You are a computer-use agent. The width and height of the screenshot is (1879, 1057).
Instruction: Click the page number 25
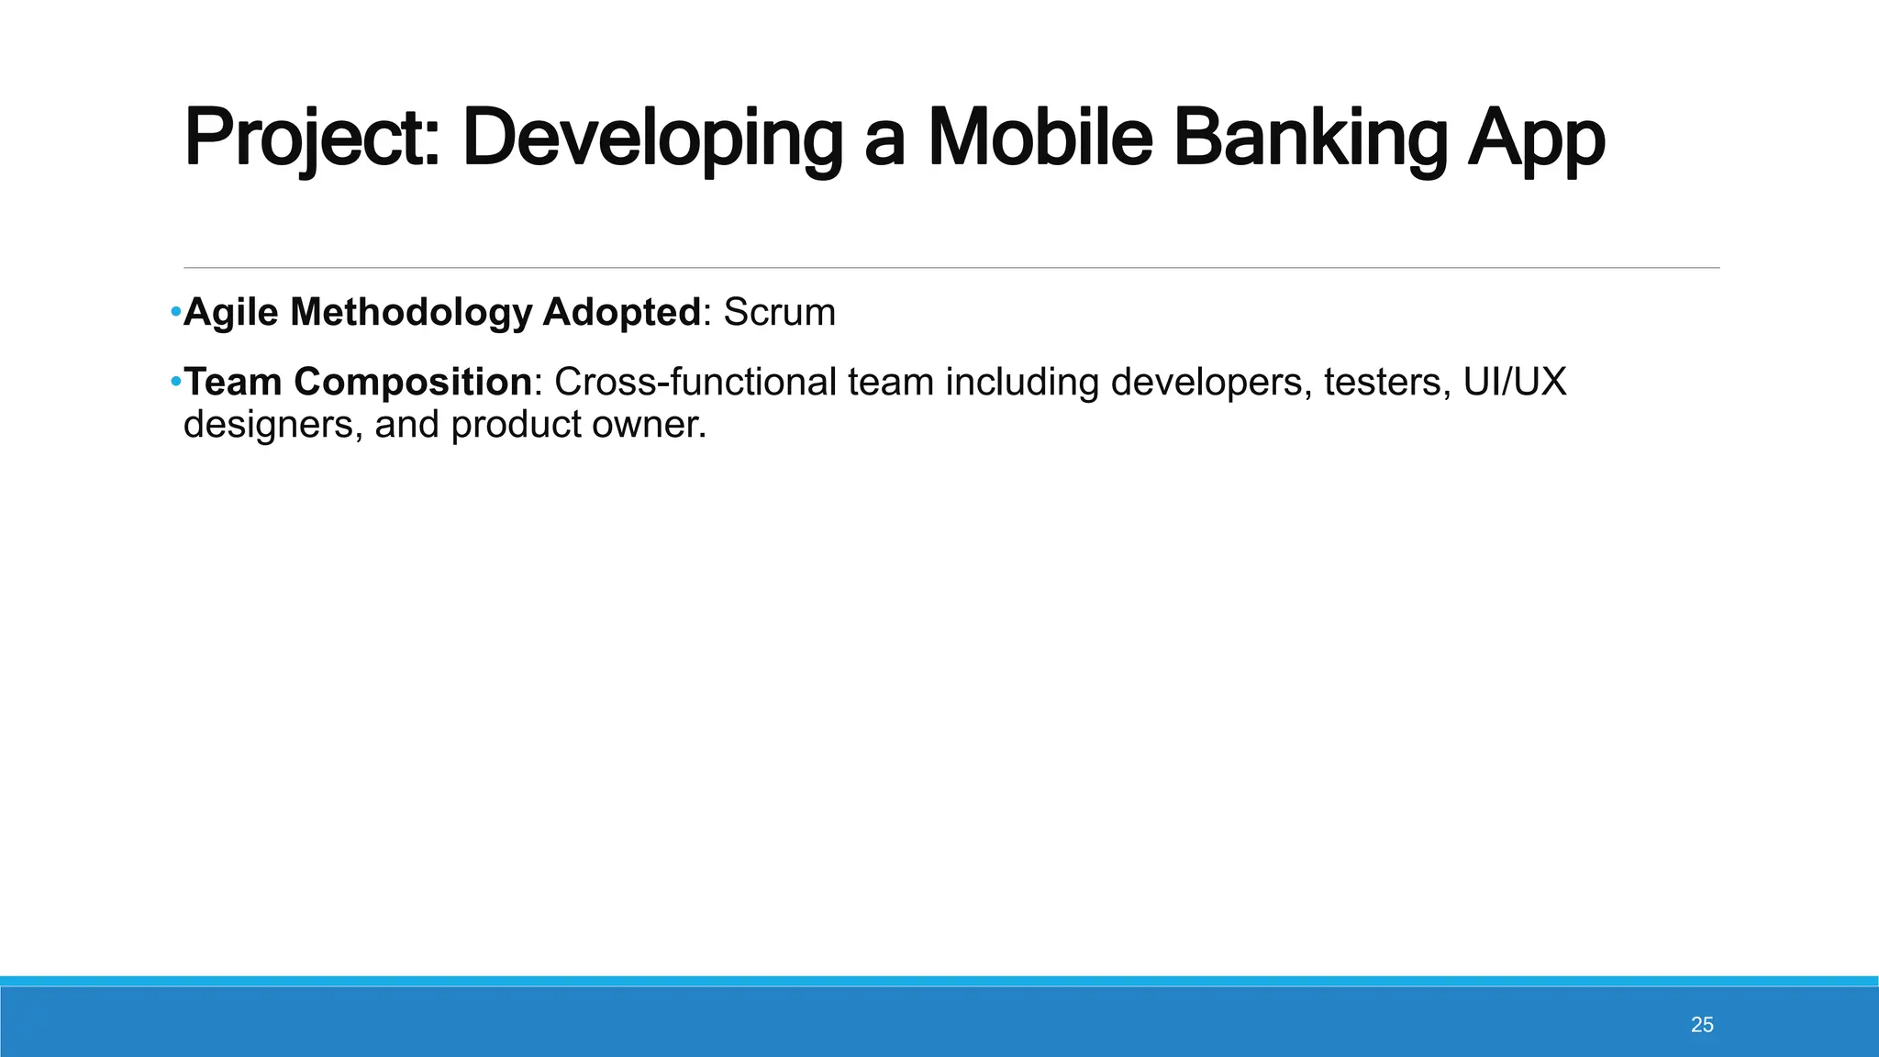(1702, 1025)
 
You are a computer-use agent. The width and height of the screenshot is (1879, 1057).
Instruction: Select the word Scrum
(779, 313)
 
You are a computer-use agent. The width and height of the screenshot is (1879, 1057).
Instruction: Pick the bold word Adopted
(622, 313)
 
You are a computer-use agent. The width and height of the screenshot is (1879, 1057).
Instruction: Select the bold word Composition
(413, 382)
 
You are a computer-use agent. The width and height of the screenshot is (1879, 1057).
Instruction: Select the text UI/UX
(1515, 382)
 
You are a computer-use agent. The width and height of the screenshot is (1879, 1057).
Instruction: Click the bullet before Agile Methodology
(175, 313)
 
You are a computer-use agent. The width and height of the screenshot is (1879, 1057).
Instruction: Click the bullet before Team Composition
(175, 381)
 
